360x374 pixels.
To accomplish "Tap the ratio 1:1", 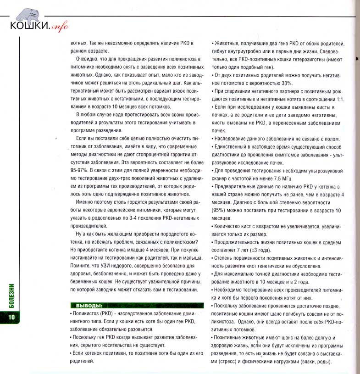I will point(338,99).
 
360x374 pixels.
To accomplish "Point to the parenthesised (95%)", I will point(219,210).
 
